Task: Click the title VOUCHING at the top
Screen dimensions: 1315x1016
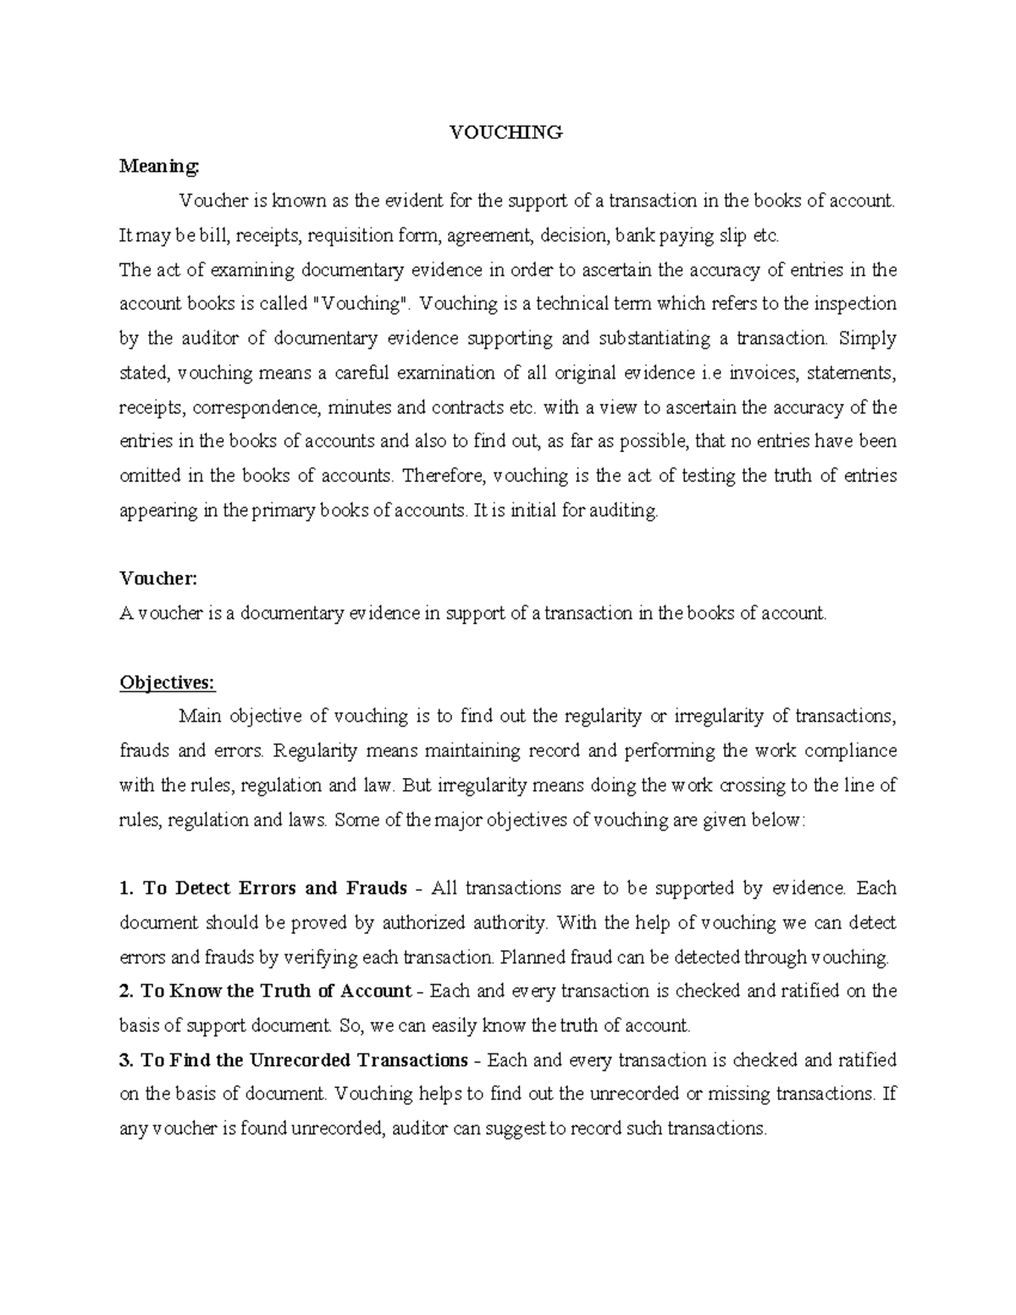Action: coord(505,132)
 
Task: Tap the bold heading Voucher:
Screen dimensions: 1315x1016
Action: coord(158,578)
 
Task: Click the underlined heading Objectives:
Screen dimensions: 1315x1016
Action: coord(168,682)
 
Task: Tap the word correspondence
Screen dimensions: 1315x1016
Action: coord(257,407)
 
